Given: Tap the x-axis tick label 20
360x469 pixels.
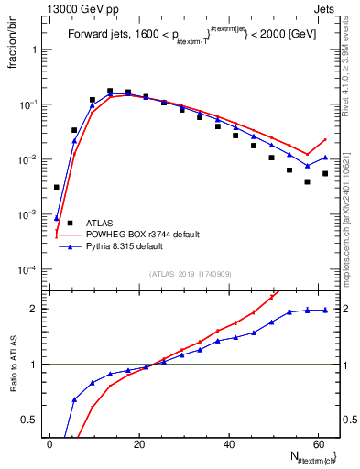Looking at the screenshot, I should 139,442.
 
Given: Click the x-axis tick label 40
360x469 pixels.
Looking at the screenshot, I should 229,442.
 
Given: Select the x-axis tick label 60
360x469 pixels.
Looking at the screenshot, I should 318,442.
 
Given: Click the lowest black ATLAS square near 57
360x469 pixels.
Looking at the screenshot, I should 307,181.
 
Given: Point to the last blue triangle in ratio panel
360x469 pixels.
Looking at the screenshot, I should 325,310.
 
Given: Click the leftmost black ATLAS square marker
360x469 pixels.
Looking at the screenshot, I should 57,187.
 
